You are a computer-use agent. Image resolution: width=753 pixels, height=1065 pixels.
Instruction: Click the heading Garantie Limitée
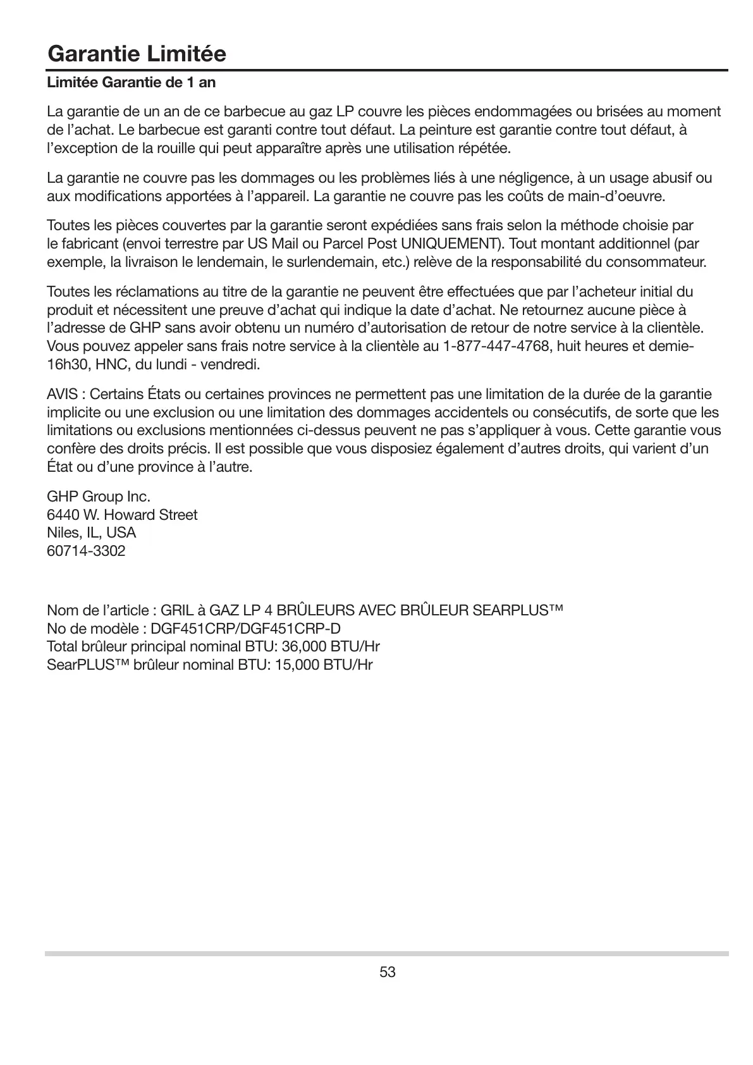coord(137,54)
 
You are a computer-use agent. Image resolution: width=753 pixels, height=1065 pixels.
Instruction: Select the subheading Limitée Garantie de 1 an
coord(131,83)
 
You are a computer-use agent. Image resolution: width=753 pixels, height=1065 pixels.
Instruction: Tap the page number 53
coord(387,972)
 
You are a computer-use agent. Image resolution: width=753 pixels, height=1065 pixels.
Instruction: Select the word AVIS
coord(63,395)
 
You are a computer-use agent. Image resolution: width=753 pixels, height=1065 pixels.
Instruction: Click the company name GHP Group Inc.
coord(99,496)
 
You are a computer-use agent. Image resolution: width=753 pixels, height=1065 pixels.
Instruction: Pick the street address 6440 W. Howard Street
coord(122,515)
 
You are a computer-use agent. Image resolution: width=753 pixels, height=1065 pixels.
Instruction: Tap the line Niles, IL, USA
coord(92,533)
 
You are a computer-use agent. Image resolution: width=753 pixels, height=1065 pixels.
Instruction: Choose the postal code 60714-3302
coord(86,551)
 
